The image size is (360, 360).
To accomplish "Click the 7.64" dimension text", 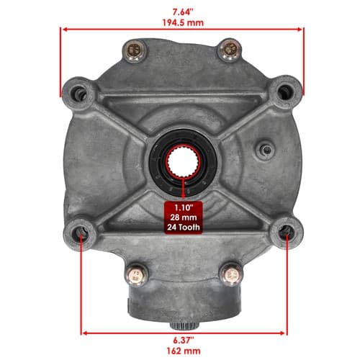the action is [183, 12].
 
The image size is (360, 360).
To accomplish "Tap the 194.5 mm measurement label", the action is [183, 23].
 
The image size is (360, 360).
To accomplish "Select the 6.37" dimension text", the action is [184, 340].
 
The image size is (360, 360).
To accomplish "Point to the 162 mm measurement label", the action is [184, 351].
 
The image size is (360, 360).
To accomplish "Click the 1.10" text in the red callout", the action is [184, 207].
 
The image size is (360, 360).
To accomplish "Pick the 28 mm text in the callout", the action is [184, 217].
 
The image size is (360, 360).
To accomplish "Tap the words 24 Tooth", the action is [184, 227].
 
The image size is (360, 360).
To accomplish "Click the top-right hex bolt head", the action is [230, 50].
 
